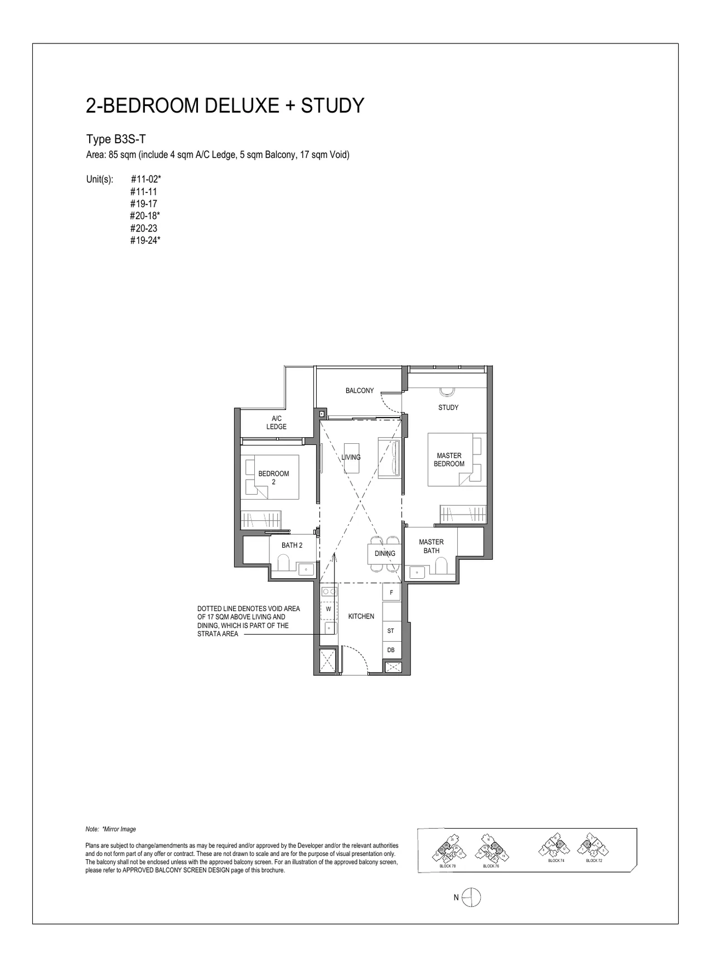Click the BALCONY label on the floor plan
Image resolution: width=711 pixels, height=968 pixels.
click(359, 391)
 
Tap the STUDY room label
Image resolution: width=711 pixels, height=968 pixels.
click(448, 408)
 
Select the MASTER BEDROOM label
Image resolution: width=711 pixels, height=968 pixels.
click(449, 460)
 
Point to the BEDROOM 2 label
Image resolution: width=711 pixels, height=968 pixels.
click(273, 478)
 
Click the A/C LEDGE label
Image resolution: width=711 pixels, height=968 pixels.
click(276, 423)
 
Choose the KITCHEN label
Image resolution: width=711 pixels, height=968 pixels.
click(361, 616)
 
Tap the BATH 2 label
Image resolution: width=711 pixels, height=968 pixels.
click(292, 545)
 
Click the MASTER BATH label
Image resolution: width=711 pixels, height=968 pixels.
click(431, 546)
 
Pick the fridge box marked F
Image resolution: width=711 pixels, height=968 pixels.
click(391, 593)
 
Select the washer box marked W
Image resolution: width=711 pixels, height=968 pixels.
click(328, 609)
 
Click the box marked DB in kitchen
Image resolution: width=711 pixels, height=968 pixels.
click(391, 650)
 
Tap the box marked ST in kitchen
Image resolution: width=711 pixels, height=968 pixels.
click(391, 631)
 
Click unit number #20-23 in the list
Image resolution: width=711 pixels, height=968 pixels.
click(143, 228)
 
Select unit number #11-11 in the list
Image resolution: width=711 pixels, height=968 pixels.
click(143, 191)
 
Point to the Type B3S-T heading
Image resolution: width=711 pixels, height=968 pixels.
click(116, 139)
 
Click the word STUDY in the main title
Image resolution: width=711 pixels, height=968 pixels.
click(332, 105)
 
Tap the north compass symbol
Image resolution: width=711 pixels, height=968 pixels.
click(471, 897)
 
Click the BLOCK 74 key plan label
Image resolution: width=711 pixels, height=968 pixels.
click(556, 861)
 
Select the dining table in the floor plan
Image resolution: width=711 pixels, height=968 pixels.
click(384, 554)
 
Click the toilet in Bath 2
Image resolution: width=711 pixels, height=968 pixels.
click(282, 565)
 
